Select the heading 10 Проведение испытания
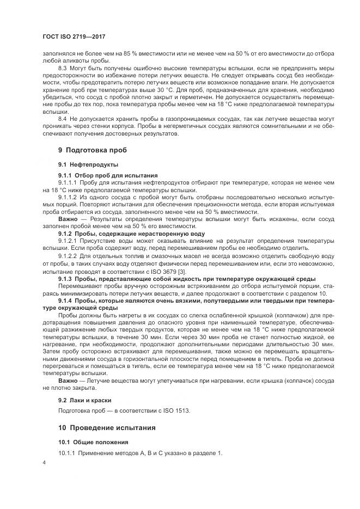click(x=107, y=428)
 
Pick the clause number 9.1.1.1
click(x=68, y=183)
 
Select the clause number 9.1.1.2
click(x=68, y=197)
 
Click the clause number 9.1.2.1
click(x=68, y=240)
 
